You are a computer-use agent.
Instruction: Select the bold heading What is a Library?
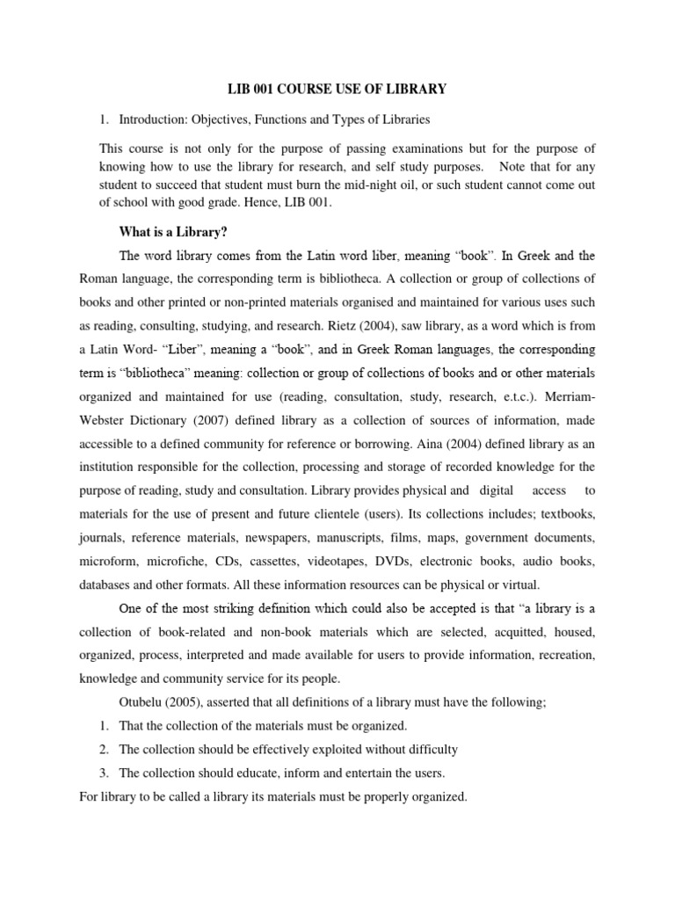[173, 233]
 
